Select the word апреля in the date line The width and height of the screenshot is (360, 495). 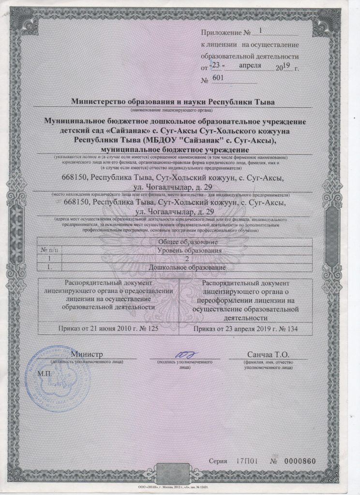coord(250,65)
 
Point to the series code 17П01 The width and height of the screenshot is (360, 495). coord(247,461)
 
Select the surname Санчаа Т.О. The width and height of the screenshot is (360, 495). coord(267,355)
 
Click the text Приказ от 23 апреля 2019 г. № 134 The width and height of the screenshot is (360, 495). coord(245,329)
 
